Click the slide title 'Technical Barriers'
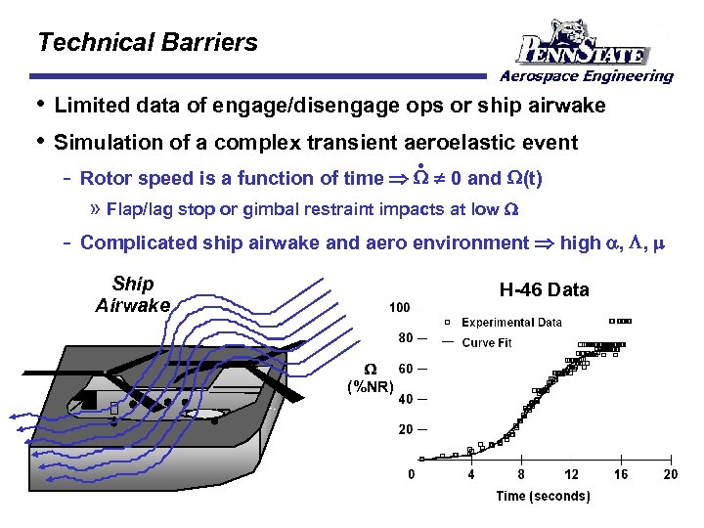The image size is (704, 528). [147, 43]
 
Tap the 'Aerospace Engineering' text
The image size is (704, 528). [587, 76]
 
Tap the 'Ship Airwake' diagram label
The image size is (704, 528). [133, 294]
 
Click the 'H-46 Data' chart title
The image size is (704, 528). [544, 289]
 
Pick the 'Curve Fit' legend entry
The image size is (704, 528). [486, 343]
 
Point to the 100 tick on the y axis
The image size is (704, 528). [400, 308]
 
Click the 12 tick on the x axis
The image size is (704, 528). [572, 475]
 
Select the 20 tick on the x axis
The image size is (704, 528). [671, 475]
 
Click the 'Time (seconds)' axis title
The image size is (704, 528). [543, 497]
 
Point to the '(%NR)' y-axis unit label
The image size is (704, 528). [371, 386]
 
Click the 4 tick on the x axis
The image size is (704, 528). [471, 475]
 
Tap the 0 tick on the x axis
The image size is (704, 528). [412, 475]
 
